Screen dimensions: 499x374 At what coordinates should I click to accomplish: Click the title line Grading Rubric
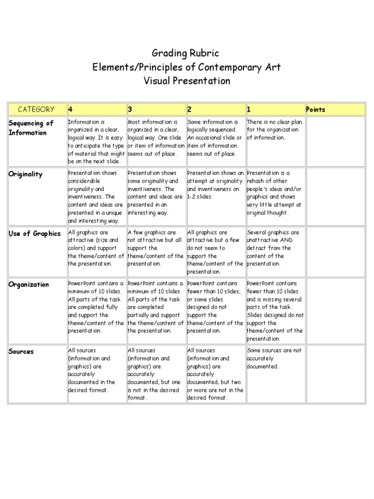click(187, 53)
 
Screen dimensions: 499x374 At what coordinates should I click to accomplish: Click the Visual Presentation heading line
click(187, 80)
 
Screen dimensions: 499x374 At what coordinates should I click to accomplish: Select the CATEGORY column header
click(36, 109)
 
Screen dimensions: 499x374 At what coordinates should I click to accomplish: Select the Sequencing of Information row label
click(31, 128)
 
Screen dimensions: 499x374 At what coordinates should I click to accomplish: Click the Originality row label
click(25, 174)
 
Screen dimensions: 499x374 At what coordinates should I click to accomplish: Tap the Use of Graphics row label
click(35, 233)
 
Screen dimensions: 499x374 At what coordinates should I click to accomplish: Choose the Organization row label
click(29, 285)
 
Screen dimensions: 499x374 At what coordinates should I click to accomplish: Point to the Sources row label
click(21, 351)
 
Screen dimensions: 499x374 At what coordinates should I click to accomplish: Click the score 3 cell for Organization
click(155, 311)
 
